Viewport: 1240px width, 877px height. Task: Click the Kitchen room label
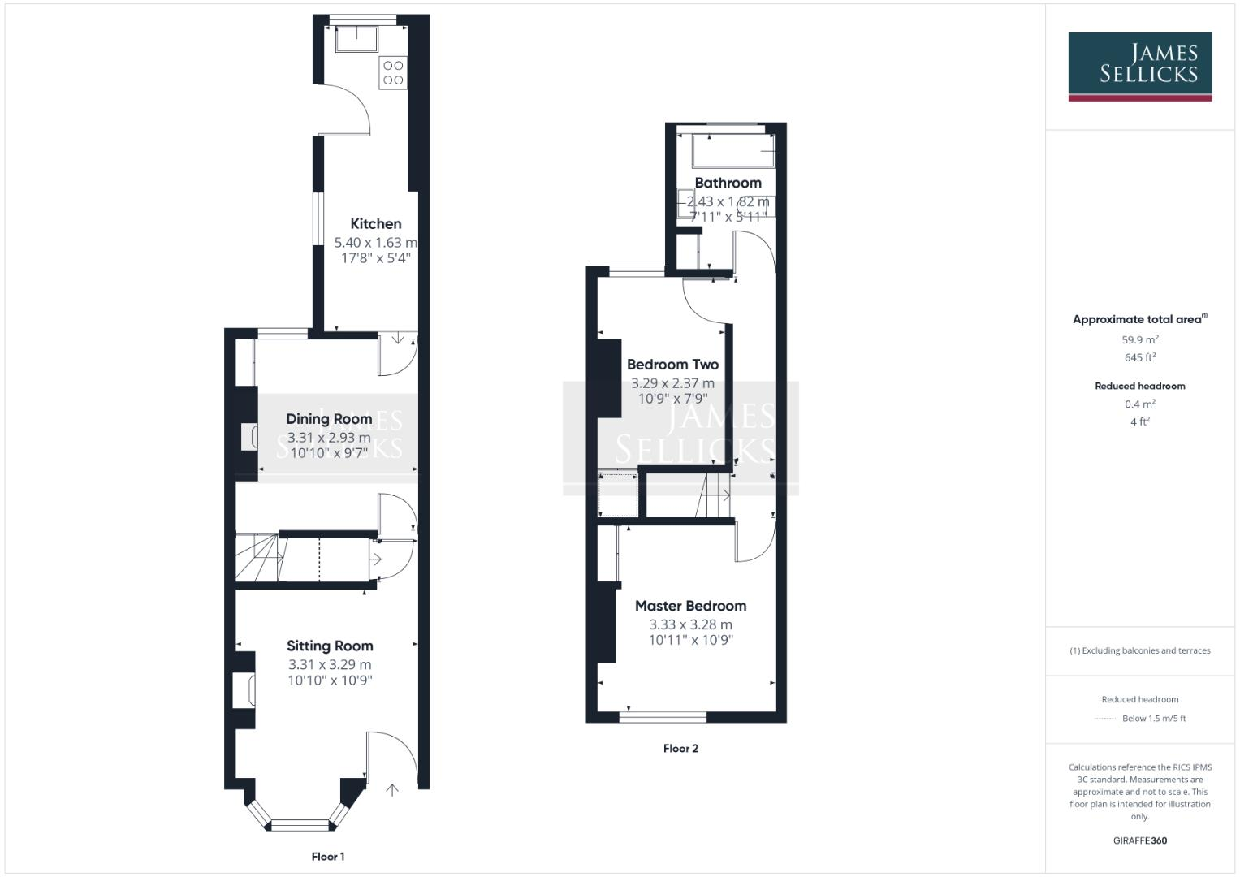[x=376, y=224]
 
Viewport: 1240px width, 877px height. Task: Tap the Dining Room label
[x=329, y=419]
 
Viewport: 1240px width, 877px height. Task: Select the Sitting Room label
[x=330, y=646]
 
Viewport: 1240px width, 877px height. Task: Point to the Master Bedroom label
[x=690, y=606]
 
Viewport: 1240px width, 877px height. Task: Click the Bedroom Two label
[x=672, y=365]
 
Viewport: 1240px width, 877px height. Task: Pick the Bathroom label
[x=728, y=183]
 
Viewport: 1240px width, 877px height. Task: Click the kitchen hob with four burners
[x=393, y=72]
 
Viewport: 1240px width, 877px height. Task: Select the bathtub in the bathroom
[x=732, y=151]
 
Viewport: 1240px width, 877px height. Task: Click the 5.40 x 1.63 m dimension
[x=376, y=242]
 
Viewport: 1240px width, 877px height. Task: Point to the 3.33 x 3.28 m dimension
[x=690, y=624]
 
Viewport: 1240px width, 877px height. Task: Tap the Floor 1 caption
[x=328, y=857]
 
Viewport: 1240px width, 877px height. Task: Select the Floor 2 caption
[x=680, y=749]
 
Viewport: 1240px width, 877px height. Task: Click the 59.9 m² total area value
[x=1139, y=340]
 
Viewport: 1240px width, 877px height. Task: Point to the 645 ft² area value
[x=1139, y=357]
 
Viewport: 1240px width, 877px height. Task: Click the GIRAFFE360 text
[x=1139, y=840]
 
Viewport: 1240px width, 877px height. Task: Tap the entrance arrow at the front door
[x=393, y=789]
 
